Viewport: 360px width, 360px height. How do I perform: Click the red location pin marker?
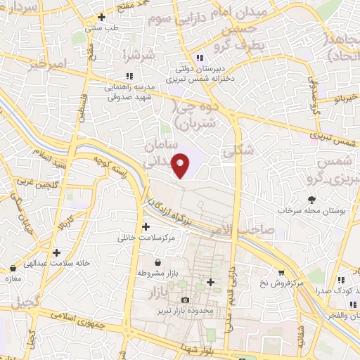pos(181,165)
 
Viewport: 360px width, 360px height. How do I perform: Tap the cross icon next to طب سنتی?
pos(102,17)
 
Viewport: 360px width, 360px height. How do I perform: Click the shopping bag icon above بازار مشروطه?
pos(166,262)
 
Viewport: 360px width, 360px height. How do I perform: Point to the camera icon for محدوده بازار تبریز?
pos(185,300)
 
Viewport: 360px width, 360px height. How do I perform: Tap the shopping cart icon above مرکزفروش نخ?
pos(281,273)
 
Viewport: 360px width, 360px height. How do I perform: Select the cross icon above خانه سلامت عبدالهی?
pos(56,252)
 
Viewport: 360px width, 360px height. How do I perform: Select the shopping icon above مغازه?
pos(13,269)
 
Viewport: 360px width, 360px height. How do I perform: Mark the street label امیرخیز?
pos(48,67)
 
